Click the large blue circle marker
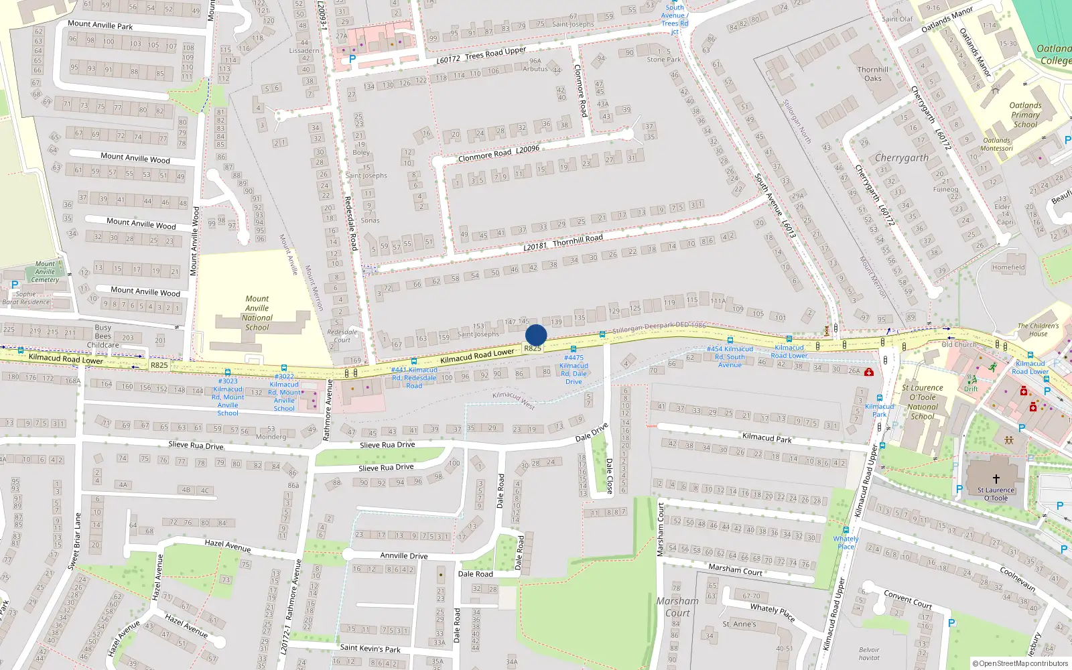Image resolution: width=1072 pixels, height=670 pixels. tap(536, 335)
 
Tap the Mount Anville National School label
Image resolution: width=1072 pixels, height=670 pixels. tap(257, 313)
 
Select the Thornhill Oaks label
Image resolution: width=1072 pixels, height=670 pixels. tap(873, 74)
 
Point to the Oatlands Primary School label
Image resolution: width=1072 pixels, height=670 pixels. tap(1025, 115)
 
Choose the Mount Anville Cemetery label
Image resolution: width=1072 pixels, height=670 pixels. tap(45, 271)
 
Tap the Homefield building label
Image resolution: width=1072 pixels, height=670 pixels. tap(1008, 267)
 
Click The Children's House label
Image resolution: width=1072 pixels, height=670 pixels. tap(1038, 330)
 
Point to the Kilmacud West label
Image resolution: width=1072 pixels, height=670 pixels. tap(513, 399)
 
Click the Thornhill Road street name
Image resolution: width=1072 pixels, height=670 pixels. tap(578, 240)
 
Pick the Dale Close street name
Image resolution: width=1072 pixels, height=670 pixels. tap(609, 476)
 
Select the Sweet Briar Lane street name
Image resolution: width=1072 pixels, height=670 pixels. tap(74, 541)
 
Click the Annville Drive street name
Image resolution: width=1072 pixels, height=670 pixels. tap(403, 555)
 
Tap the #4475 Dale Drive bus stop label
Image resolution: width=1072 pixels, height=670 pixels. tap(574, 370)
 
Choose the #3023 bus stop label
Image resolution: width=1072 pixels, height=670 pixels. tap(228, 397)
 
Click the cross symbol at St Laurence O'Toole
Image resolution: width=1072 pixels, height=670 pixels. tap(996, 478)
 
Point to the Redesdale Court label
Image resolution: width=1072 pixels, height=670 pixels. tap(342, 336)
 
